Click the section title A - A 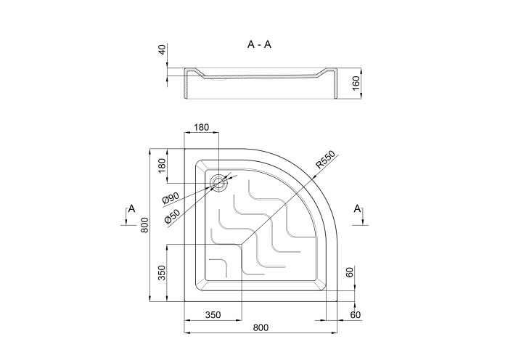point(259,44)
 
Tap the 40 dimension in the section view point(163,49)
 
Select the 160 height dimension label point(356,83)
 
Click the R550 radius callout point(325,160)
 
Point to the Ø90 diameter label point(171,198)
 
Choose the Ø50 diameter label point(172,216)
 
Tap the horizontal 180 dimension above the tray point(202,127)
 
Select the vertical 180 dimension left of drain point(163,166)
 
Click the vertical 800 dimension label point(145,224)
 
